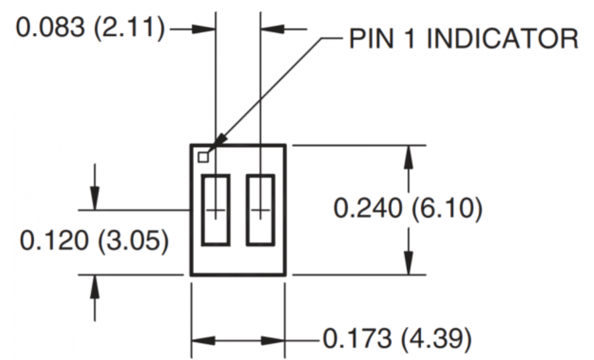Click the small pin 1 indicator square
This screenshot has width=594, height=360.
pyautogui.click(x=203, y=157)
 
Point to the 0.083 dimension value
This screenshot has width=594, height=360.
pyautogui.click(x=51, y=29)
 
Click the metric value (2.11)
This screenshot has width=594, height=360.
pyautogui.click(x=131, y=29)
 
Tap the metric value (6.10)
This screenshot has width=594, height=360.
pyautogui.click(x=446, y=209)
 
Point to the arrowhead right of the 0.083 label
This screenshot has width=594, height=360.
pyautogui.click(x=206, y=29)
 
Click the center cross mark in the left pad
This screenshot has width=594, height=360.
pyautogui.click(x=216, y=210)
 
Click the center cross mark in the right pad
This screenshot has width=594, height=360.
pyautogui.click(x=261, y=210)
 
